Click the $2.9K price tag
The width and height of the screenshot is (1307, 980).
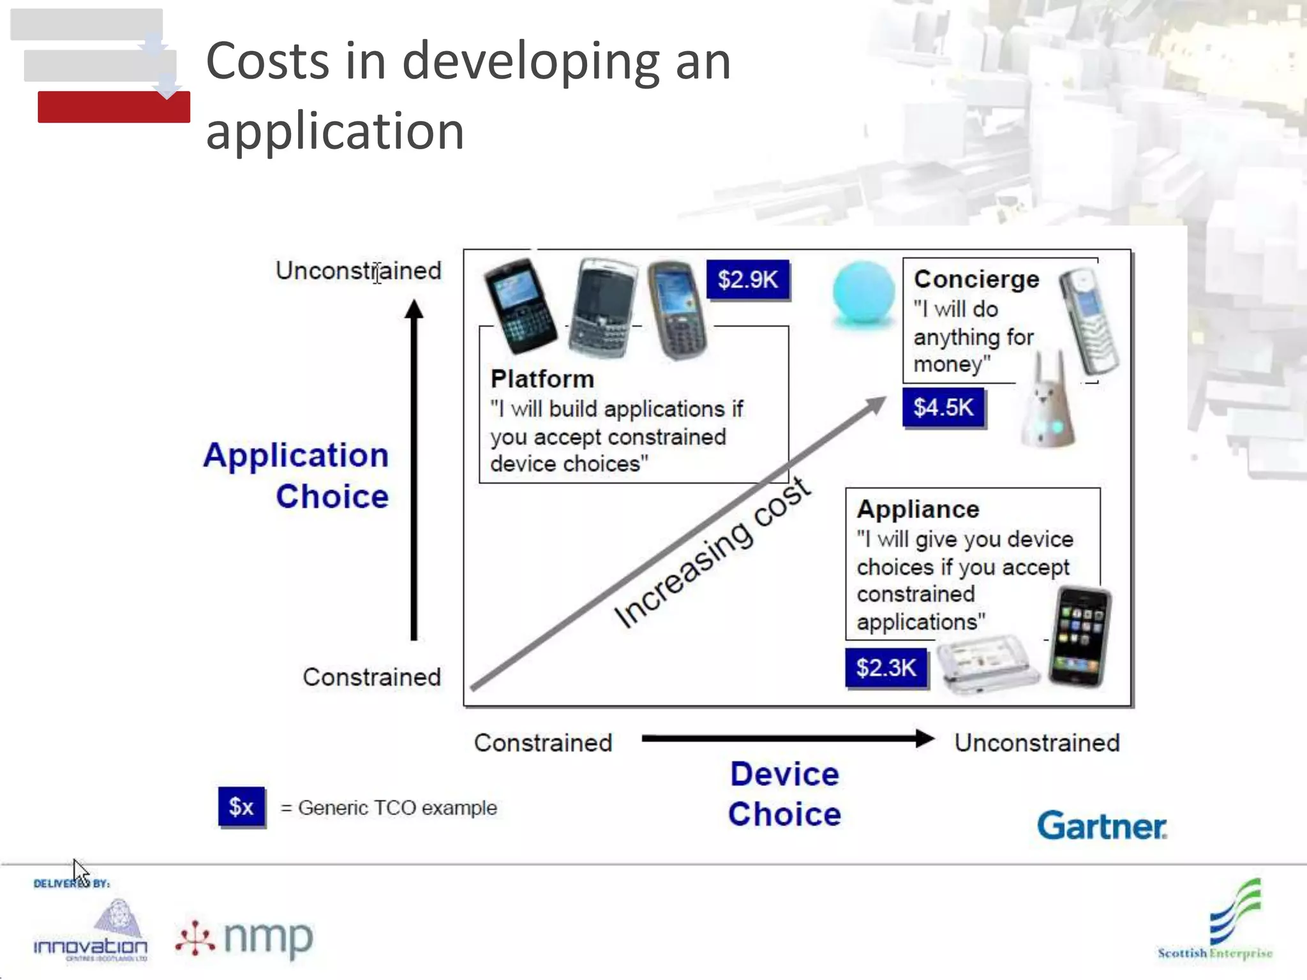click(x=748, y=279)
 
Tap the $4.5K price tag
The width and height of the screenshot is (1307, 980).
click(x=943, y=408)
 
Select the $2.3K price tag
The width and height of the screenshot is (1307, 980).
click(x=886, y=668)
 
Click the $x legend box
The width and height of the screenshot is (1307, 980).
click(x=241, y=807)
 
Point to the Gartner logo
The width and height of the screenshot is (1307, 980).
click(x=1102, y=826)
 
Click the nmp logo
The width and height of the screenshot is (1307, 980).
click(x=246, y=939)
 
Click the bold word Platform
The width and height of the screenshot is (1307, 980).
click(x=542, y=379)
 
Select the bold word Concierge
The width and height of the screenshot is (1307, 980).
click(x=976, y=279)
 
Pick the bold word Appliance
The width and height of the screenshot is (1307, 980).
click(x=918, y=509)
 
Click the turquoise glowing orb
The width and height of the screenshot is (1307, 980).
click(x=863, y=293)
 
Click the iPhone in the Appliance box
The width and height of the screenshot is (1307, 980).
click(x=1080, y=636)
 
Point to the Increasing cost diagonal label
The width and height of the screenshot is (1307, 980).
click(x=712, y=553)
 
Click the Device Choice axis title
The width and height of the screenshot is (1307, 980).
click(x=784, y=794)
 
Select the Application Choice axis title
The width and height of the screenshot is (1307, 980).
click(x=297, y=475)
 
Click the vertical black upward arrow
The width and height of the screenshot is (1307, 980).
click(x=414, y=469)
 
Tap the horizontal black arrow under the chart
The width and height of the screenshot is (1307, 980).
click(x=788, y=739)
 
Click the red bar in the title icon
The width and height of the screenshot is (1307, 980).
click(x=114, y=107)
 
